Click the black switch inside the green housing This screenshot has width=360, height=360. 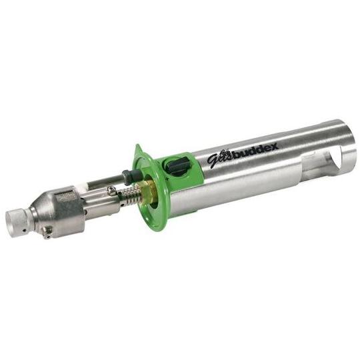pyautogui.click(x=177, y=166)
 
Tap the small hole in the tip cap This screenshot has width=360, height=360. pyautogui.click(x=24, y=229)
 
